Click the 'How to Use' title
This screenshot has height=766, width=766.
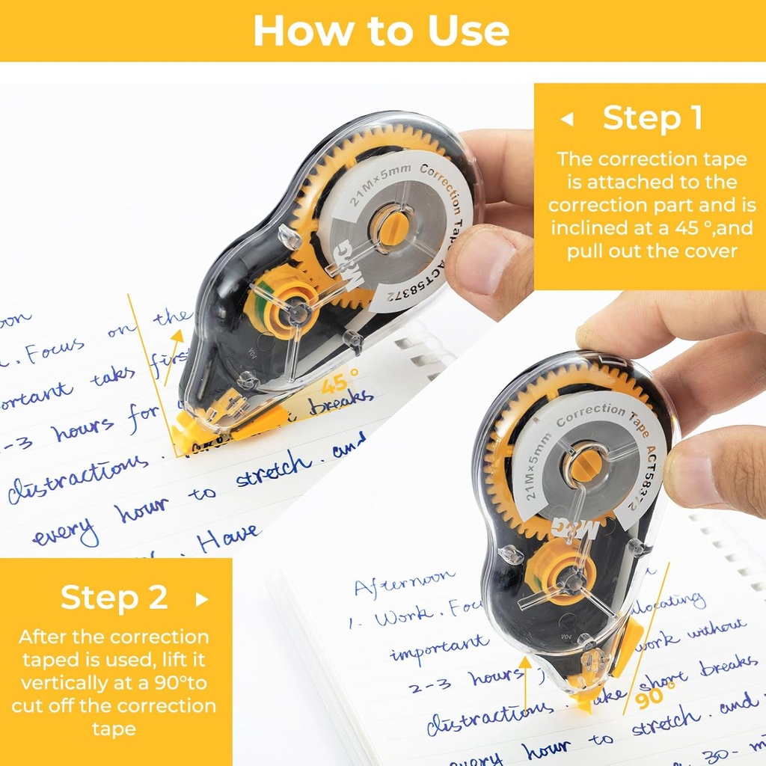[x=382, y=31]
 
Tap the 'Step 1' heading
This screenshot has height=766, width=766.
[x=652, y=118]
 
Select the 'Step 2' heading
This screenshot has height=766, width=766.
[x=114, y=598]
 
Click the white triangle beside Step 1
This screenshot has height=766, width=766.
[x=567, y=119]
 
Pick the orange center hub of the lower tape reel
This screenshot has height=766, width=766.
[x=583, y=465]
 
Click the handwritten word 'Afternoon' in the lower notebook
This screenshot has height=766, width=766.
[x=404, y=581]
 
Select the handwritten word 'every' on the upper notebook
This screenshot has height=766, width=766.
[x=66, y=533]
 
